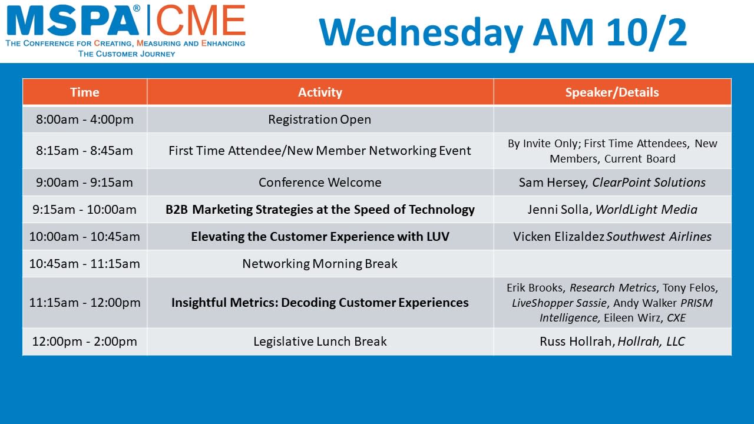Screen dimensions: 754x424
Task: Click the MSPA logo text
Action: pyautogui.click(x=72, y=20)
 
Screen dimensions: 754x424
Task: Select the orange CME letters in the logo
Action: pyautogui.click(x=201, y=20)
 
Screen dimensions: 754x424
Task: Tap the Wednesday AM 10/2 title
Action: pyautogui.click(x=503, y=32)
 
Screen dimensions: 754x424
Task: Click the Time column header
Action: pyautogui.click(x=84, y=92)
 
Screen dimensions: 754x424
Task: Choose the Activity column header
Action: pyautogui.click(x=320, y=92)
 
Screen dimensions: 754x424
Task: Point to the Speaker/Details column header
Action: pyautogui.click(x=612, y=92)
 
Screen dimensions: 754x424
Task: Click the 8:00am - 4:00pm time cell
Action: pyautogui.click(x=84, y=120)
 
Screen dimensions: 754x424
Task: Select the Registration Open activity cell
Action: pyautogui.click(x=320, y=120)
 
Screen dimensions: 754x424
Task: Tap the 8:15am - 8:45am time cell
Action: pyautogui.click(x=84, y=150)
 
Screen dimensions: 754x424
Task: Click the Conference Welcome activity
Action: pyautogui.click(x=320, y=183)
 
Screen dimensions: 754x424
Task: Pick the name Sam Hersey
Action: pyautogui.click(x=553, y=183)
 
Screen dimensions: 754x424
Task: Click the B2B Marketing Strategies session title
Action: pyautogui.click(x=320, y=209)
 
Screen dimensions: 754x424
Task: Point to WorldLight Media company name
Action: pyautogui.click(x=646, y=209)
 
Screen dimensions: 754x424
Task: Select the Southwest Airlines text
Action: pyautogui.click(x=659, y=237)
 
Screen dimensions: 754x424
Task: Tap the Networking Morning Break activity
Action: pyautogui.click(x=320, y=263)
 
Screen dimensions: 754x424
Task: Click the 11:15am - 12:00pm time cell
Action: pyautogui.click(x=84, y=303)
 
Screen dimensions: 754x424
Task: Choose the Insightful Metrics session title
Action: pyautogui.click(x=320, y=303)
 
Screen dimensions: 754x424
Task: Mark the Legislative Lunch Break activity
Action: pyautogui.click(x=320, y=341)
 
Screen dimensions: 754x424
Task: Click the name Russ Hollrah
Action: pyautogui.click(x=576, y=341)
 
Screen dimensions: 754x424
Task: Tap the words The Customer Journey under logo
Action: pyautogui.click(x=127, y=54)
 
